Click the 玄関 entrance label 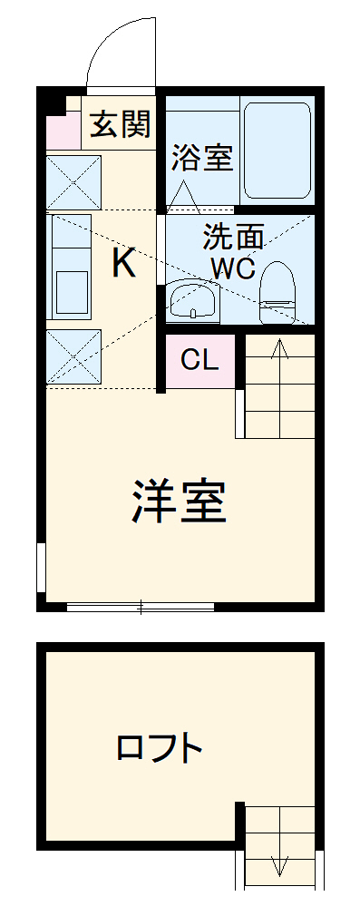pyautogui.click(x=119, y=124)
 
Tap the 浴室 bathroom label pyautogui.click(x=202, y=157)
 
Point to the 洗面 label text pyautogui.click(x=233, y=238)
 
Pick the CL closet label pyautogui.click(x=199, y=360)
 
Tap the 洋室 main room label pyautogui.click(x=179, y=501)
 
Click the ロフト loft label pyautogui.click(x=160, y=749)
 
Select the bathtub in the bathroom pyautogui.click(x=277, y=151)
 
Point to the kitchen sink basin pyautogui.click(x=72, y=289)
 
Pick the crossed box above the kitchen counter pyautogui.click(x=73, y=182)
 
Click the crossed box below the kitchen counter pyautogui.click(x=73, y=356)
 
